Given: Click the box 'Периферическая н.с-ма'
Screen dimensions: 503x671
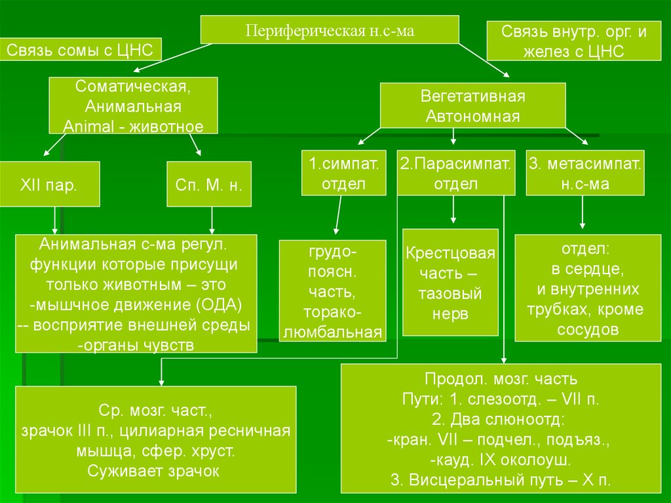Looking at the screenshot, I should point(330,31).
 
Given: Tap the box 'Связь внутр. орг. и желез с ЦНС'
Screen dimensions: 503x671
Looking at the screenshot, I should point(573,42).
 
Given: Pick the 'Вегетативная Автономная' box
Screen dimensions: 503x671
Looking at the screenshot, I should point(473,106).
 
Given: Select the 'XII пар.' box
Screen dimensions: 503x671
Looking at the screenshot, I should point(50,184).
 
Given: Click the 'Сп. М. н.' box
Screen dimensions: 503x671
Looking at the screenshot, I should point(209,184).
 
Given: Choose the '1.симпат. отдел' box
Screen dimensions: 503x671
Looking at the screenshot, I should point(343,173).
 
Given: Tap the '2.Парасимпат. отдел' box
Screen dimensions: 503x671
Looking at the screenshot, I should point(455,173).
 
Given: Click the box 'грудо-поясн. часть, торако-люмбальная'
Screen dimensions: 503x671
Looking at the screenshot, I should point(333,292).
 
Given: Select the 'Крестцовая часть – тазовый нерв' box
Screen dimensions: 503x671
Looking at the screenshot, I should point(450,283).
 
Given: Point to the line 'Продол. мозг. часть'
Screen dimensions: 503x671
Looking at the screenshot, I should point(501,379).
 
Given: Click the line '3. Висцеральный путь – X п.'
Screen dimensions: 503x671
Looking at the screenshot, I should point(501,479).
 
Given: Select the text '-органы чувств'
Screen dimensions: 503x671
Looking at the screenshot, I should point(135,346).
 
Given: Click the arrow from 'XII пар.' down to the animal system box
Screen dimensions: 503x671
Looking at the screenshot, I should point(54,220).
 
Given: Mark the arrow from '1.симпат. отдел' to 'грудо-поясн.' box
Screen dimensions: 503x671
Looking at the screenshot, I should point(338,216).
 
